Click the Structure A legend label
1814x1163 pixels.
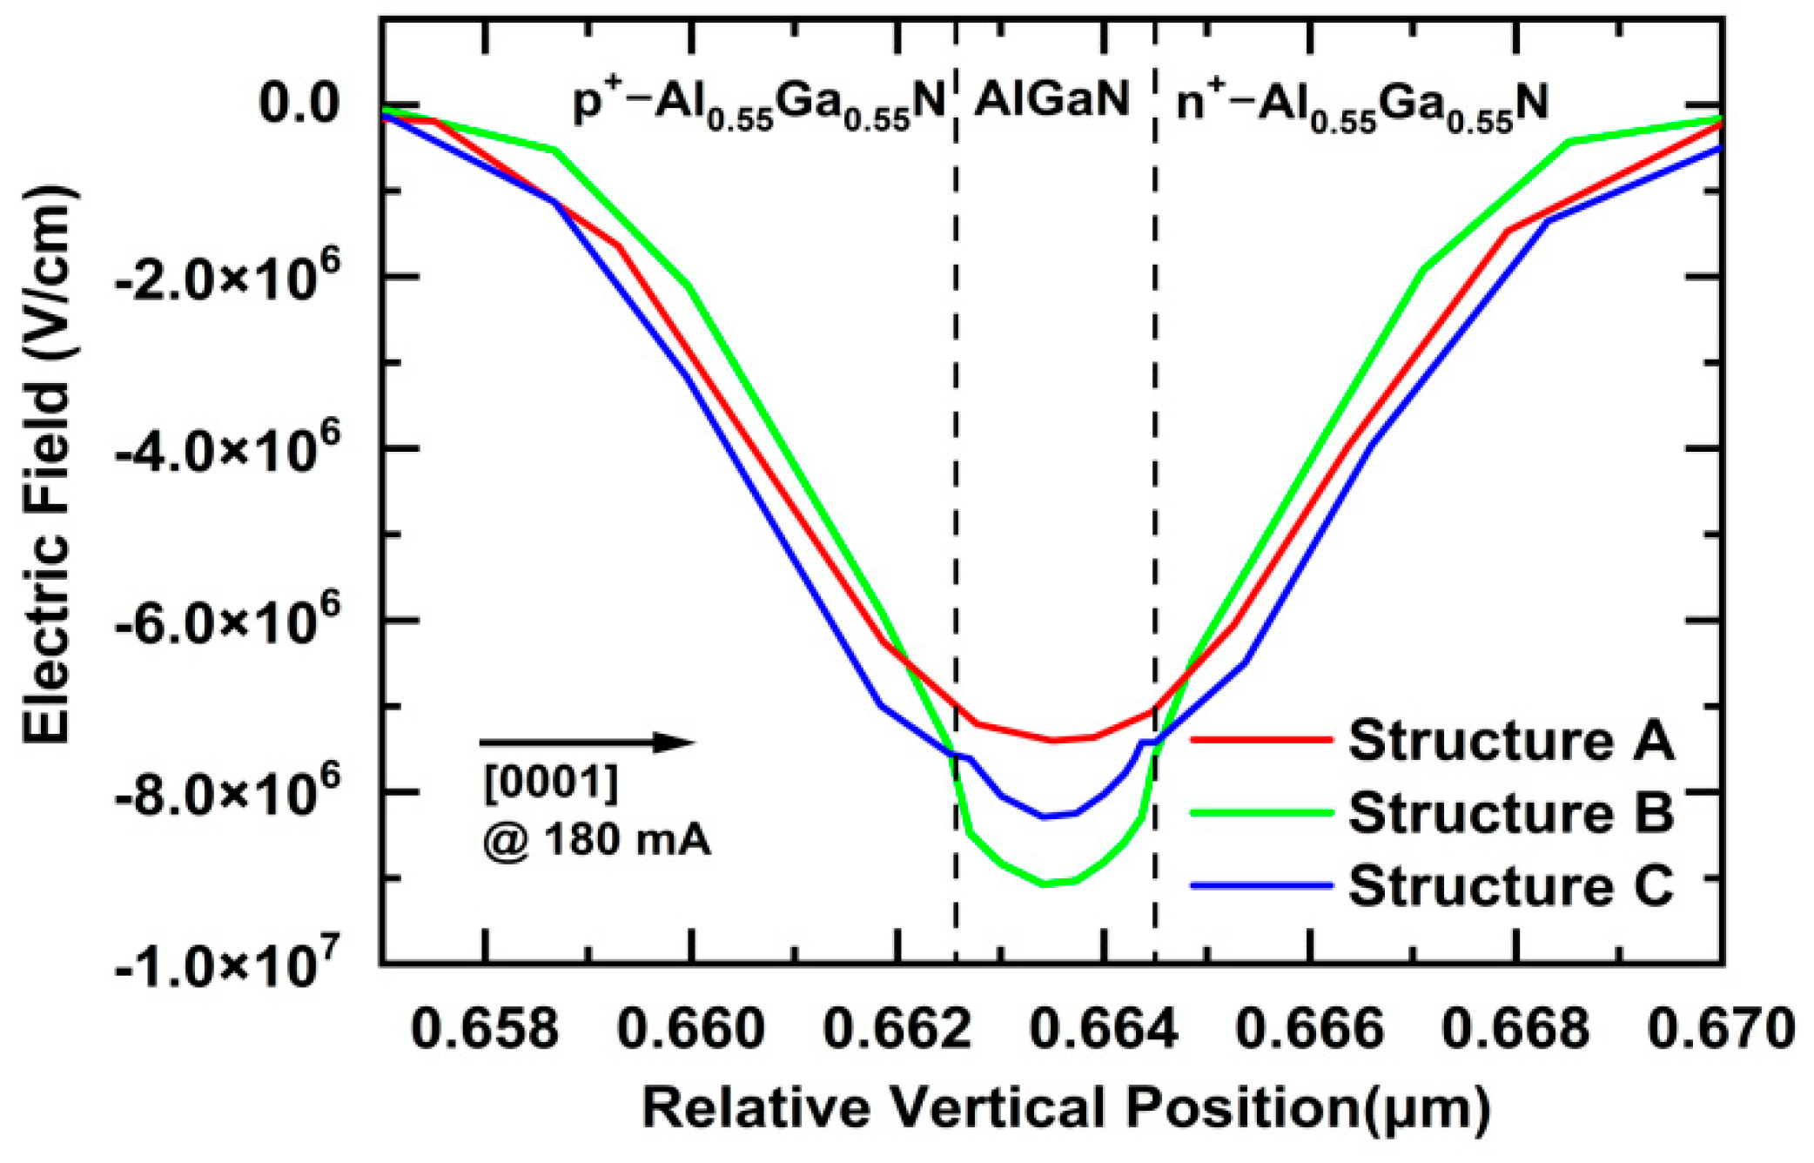click(x=1510, y=740)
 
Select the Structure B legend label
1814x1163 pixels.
click(x=1510, y=812)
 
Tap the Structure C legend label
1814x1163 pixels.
click(x=1510, y=885)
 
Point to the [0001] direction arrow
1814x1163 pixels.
click(x=587, y=743)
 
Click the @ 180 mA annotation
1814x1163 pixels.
click(x=597, y=840)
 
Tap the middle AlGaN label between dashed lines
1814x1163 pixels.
click(x=1051, y=99)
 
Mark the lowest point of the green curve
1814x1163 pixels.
click(x=1045, y=884)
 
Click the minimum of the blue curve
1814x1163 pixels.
click(x=1045, y=817)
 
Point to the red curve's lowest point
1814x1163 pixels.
click(x=1053, y=741)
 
